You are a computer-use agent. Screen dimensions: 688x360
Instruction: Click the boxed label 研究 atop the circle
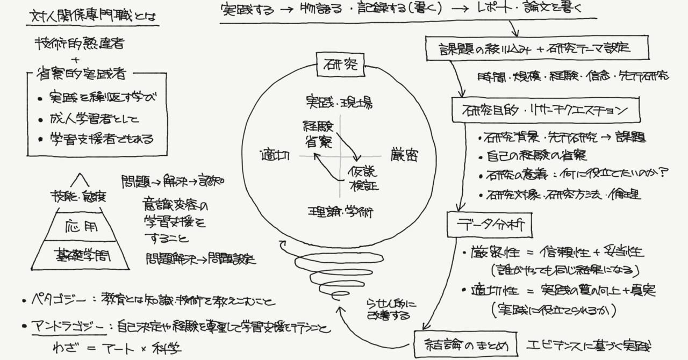tap(340, 66)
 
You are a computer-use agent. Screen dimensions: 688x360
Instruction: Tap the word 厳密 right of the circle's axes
tap(404, 156)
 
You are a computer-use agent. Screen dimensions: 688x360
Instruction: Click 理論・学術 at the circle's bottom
tap(340, 211)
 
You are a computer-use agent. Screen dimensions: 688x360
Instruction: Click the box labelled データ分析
tap(489, 226)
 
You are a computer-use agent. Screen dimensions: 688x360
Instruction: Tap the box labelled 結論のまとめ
tap(465, 344)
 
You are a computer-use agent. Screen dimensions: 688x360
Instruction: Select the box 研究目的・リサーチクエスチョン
tap(545, 111)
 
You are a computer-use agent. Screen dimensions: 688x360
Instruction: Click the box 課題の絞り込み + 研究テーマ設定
tap(535, 49)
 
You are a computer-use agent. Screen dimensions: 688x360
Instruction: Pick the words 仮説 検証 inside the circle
tap(362, 179)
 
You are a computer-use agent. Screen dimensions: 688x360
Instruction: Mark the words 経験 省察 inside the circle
tap(318, 134)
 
